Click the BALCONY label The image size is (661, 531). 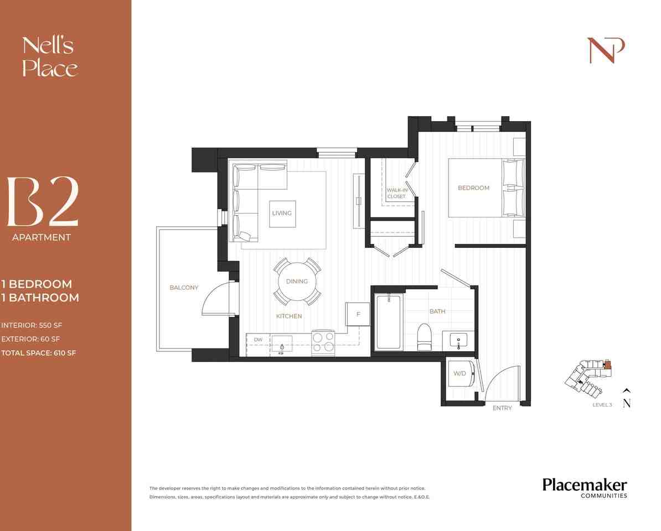[184, 288]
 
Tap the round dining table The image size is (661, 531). [297, 282]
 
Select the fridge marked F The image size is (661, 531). [358, 314]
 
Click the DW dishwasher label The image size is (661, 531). [258, 340]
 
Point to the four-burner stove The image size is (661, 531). [323, 342]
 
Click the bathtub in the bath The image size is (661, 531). [389, 322]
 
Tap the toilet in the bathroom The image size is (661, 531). [424, 336]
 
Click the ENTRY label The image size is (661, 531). [502, 408]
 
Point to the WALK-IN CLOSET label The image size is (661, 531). [396, 193]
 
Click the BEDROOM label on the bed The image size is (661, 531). [473, 188]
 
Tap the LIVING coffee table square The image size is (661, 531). [282, 213]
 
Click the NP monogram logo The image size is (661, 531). [606, 50]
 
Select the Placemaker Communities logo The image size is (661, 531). [585, 488]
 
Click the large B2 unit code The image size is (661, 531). [43, 202]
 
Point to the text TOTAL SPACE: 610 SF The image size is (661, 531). [39, 353]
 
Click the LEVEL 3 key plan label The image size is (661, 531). [602, 405]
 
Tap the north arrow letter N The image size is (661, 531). [627, 404]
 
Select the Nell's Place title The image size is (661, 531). [49, 56]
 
